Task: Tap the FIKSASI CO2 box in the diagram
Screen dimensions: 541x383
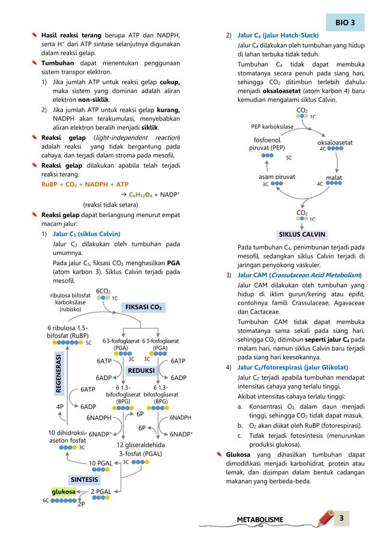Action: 143,307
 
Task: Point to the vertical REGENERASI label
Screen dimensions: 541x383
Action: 59,372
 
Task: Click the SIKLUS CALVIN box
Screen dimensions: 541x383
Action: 303,234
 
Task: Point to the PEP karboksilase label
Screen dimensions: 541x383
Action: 272,127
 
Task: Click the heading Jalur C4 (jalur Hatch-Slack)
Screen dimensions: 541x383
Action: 278,35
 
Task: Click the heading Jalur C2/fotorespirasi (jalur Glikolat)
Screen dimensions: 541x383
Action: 297,366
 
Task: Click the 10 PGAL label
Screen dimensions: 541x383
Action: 100,463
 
